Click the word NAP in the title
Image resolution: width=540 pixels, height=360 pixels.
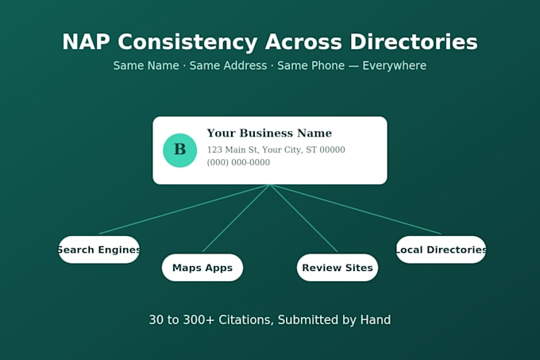pyautogui.click(x=86, y=42)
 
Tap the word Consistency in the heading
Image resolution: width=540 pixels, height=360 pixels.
pyautogui.click(x=187, y=42)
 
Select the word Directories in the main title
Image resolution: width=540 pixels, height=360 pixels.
pyautogui.click(x=414, y=42)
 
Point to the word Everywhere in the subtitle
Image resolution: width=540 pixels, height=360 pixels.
pyautogui.click(x=395, y=65)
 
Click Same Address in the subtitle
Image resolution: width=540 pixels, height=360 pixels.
pyautogui.click(x=228, y=65)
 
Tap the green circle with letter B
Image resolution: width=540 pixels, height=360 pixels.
pyautogui.click(x=179, y=150)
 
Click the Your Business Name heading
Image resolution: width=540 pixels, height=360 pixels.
pyautogui.click(x=269, y=133)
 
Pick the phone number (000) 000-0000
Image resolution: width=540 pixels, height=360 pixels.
pyautogui.click(x=238, y=162)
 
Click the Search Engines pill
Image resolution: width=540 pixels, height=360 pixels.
pyautogui.click(x=98, y=250)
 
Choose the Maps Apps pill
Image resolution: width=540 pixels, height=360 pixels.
pyautogui.click(x=202, y=268)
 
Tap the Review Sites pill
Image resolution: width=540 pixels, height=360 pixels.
pyautogui.click(x=337, y=268)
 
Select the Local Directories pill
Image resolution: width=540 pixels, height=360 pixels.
pyautogui.click(x=441, y=250)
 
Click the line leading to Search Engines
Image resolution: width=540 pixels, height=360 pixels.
pyautogui.click(x=184, y=209)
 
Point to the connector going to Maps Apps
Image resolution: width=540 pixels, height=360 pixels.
pyautogui.click(x=237, y=219)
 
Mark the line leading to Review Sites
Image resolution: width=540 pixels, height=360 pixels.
pyautogui.click(x=303, y=219)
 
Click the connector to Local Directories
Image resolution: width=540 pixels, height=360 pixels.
pyautogui.click(x=356, y=209)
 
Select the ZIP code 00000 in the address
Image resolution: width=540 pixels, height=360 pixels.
pyautogui.click(x=332, y=149)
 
